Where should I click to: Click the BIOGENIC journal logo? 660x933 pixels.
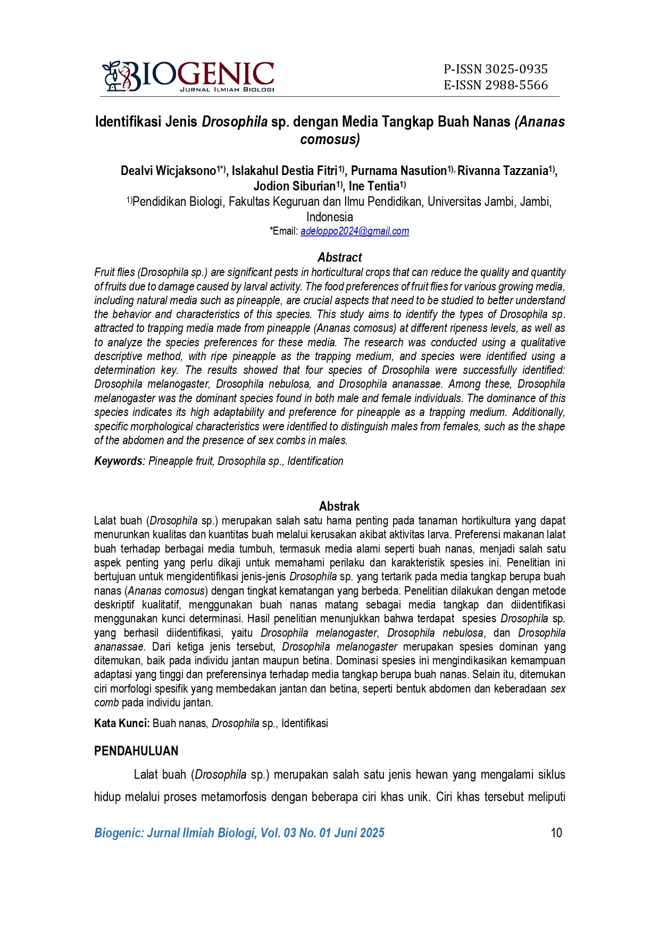tap(188, 76)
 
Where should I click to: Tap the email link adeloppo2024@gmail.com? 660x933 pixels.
tap(355, 231)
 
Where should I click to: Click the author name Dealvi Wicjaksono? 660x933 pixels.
tap(168, 171)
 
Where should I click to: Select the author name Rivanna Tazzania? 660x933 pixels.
tap(503, 171)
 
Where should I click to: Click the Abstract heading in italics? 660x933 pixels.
tap(340, 257)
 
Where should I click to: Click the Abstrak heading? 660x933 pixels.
tap(339, 506)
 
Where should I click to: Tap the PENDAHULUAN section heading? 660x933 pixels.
tap(136, 751)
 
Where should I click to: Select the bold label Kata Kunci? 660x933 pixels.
tap(122, 723)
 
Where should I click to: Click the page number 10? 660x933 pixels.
tap(556, 833)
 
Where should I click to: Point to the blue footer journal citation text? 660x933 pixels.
tap(239, 833)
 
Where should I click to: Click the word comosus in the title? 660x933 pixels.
tap(329, 139)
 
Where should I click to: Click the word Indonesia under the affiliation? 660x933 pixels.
tap(329, 217)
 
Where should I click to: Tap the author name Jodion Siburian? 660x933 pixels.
tap(294, 186)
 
